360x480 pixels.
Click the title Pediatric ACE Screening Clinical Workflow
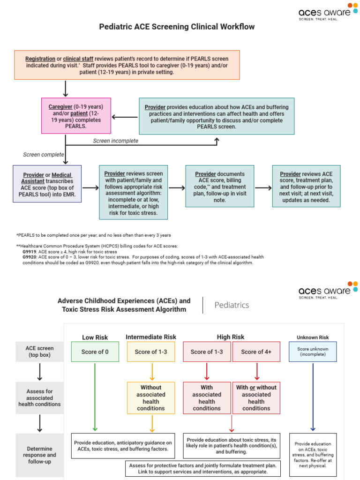[177, 27]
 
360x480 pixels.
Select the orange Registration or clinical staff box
[127, 65]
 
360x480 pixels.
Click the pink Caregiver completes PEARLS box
[75, 117]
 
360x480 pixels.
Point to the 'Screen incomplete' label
[115, 141]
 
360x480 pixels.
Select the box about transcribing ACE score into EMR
[47, 184]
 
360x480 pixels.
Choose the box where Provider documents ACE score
[219, 186]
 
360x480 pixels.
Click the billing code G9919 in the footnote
[30, 252]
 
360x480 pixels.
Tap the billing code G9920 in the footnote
[30, 257]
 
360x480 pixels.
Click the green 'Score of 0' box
[95, 352]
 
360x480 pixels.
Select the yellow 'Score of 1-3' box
[150, 352]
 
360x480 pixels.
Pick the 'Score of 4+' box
[256, 352]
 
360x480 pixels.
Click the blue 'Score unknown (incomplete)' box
[313, 352]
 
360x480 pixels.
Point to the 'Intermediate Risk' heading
[151, 337]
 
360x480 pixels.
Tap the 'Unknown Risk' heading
[313, 337]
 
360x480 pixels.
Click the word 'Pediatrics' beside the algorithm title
[232, 305]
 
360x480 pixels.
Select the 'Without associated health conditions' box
[150, 398]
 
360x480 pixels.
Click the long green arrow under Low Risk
[95, 396]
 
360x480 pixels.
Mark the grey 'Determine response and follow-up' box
[39, 455]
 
